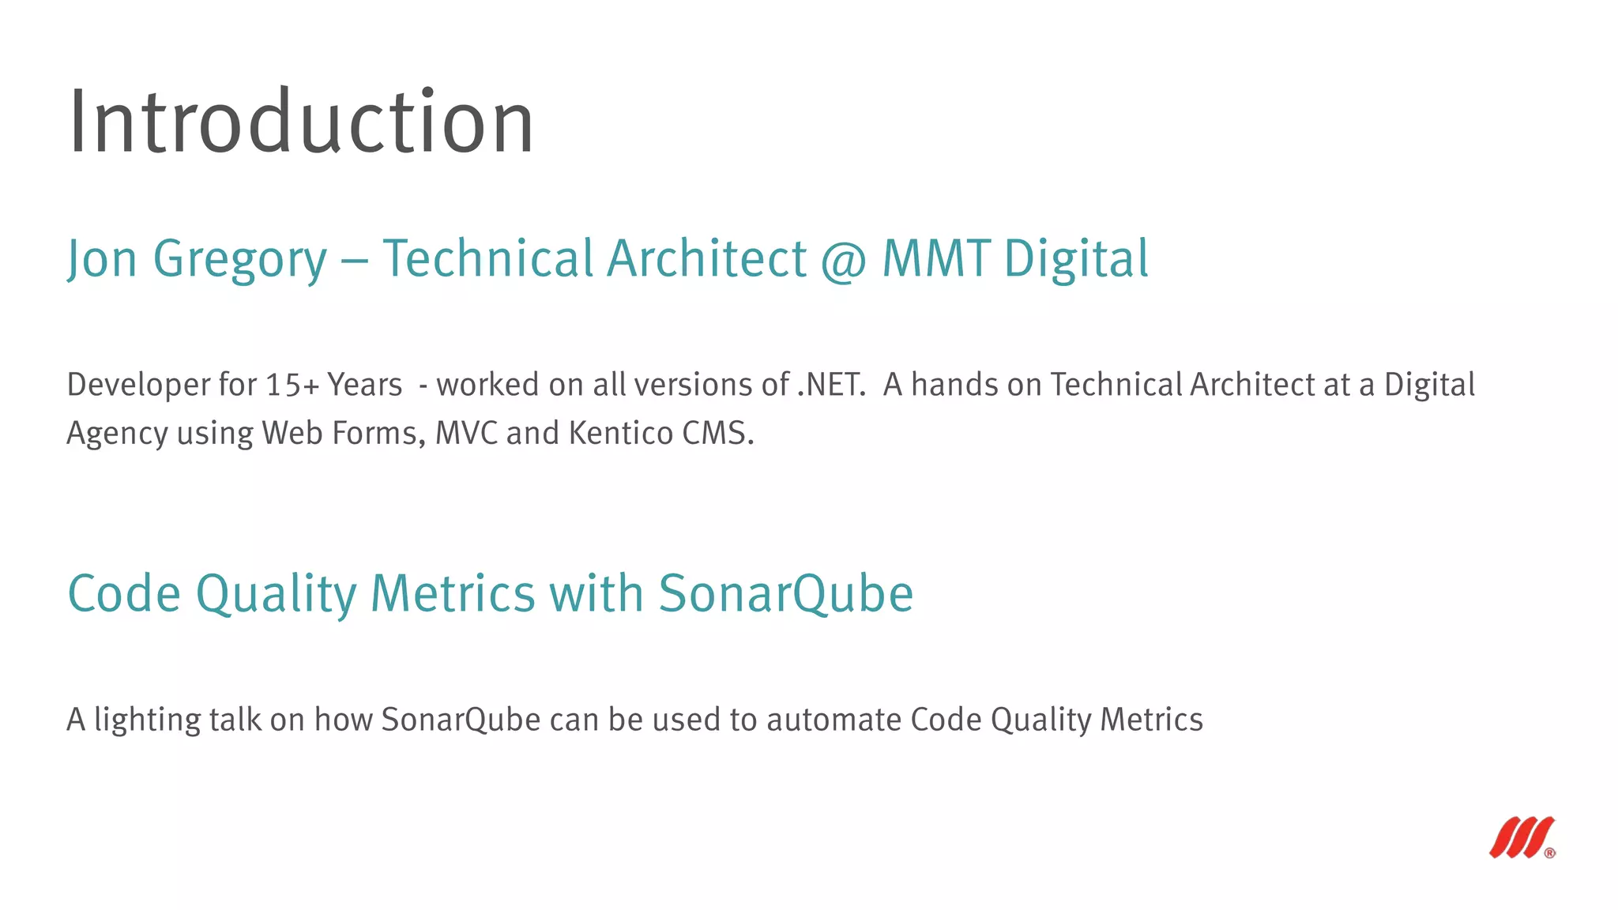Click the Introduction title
tap(301, 122)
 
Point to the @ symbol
tap(844, 261)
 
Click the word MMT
tap(935, 259)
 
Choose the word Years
tap(365, 385)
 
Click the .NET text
tap(831, 385)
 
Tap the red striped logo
tap(1520, 837)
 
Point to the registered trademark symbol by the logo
tap(1549, 853)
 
